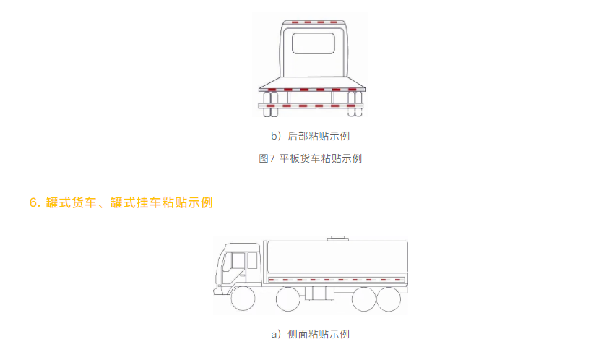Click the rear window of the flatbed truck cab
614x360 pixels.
[x=314, y=43]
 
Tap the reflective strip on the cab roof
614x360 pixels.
[x=314, y=22]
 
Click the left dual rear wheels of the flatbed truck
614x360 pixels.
[x=271, y=104]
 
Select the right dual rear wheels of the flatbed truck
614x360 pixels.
[x=355, y=104]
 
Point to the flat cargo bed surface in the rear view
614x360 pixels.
[x=312, y=82]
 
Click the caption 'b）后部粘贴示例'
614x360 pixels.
[x=310, y=136]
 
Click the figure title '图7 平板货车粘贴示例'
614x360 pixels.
[x=310, y=158]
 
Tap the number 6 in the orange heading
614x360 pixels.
[x=34, y=202]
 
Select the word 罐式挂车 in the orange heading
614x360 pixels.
[x=136, y=202]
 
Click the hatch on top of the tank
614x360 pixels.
[x=337, y=238]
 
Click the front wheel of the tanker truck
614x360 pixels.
[x=243, y=299]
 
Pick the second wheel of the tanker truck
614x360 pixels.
[x=288, y=299]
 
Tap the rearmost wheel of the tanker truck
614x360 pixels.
[x=389, y=299]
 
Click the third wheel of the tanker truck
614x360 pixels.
[x=364, y=299]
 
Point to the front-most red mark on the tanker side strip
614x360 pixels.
[x=271, y=280]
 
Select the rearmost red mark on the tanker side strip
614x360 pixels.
[x=398, y=280]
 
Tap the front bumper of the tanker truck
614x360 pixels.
[x=217, y=291]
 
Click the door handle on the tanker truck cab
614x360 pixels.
[x=243, y=275]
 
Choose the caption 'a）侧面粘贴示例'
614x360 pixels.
[x=310, y=334]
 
